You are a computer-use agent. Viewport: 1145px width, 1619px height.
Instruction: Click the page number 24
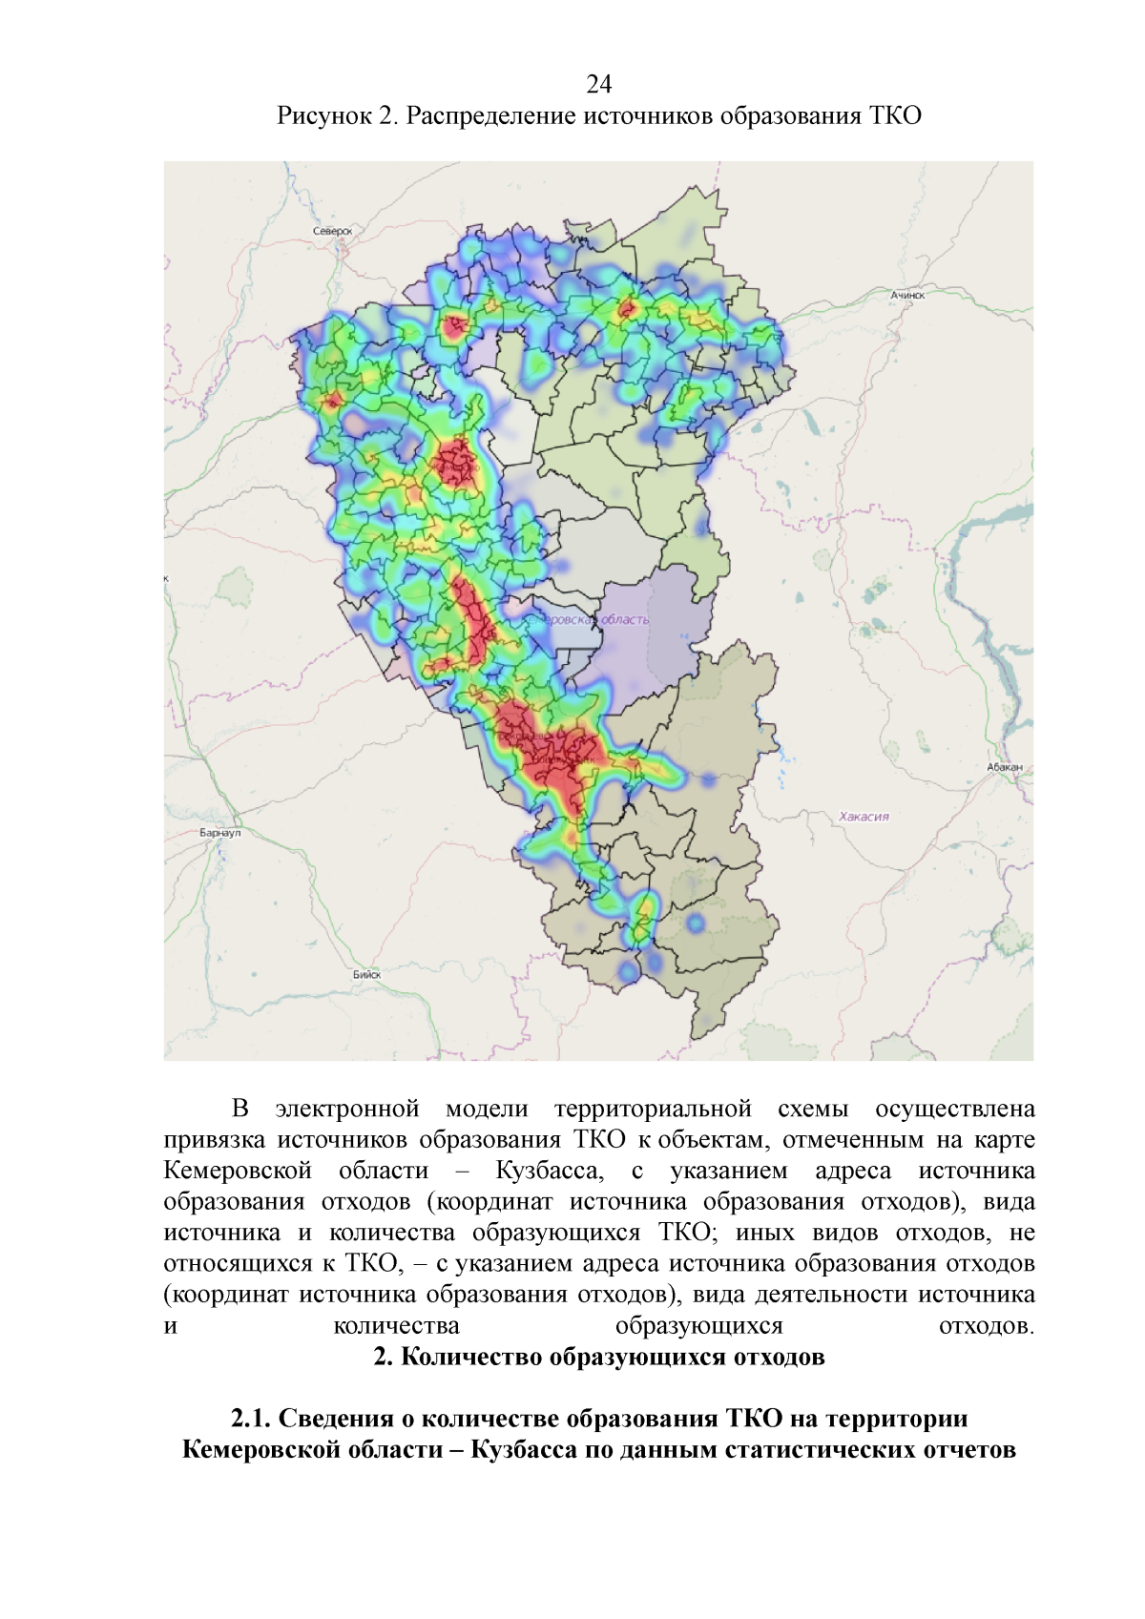(x=598, y=85)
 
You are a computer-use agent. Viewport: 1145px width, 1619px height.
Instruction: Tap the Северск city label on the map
(x=332, y=231)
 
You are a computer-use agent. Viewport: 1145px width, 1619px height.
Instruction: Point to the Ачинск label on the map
(x=907, y=296)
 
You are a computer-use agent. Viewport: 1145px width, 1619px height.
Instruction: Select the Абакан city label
(x=1005, y=767)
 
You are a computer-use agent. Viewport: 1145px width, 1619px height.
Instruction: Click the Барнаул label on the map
(x=220, y=833)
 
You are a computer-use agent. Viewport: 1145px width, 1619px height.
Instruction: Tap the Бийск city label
(x=366, y=974)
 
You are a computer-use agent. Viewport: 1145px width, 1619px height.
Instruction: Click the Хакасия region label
(x=864, y=817)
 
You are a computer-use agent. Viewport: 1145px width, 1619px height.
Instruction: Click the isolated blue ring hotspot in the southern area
(x=695, y=923)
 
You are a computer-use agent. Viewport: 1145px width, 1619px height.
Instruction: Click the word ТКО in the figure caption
(x=895, y=116)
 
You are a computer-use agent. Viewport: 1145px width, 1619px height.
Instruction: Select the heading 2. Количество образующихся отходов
(x=598, y=1357)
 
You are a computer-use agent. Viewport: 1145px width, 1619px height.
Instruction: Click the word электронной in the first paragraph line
(x=347, y=1109)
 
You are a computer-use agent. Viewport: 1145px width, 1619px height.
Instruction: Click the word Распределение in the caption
(x=491, y=116)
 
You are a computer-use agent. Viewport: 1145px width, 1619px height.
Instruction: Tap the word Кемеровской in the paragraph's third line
(x=238, y=1171)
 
